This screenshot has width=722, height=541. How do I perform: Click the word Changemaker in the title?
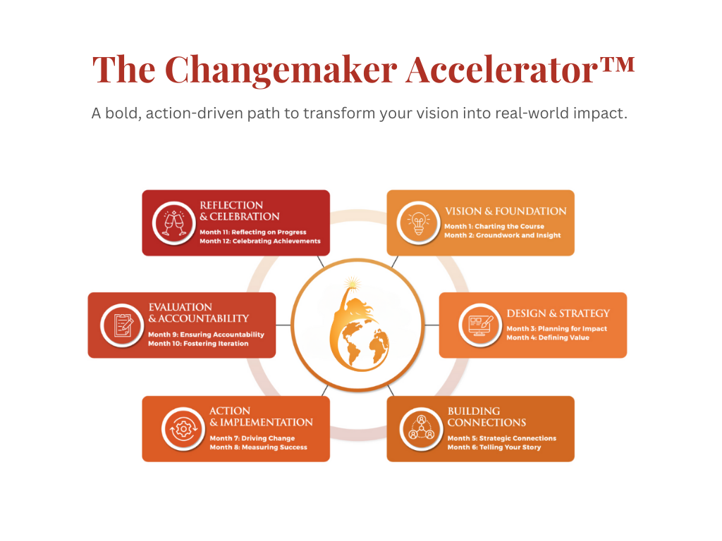point(281,70)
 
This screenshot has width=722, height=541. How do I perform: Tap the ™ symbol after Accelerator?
point(616,63)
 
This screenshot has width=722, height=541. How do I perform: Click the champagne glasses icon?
point(174,223)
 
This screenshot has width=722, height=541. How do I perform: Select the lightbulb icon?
point(419,223)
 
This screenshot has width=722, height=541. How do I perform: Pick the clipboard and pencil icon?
point(123,325)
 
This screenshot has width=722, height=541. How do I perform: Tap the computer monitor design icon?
point(480,325)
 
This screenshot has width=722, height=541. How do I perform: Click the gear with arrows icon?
point(183,429)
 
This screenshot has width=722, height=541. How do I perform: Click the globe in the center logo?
point(364,344)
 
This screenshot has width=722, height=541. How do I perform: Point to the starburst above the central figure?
point(353,283)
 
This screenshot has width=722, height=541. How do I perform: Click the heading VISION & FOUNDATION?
point(505,211)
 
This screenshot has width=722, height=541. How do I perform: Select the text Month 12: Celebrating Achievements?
point(259,241)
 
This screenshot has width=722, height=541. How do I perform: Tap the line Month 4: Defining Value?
point(547,337)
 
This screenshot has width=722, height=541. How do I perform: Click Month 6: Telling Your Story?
point(494,447)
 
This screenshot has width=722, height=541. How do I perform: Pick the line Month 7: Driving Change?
point(252,438)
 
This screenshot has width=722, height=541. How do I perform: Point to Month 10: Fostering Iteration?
point(198,344)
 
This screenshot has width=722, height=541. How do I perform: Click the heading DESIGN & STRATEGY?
point(558,313)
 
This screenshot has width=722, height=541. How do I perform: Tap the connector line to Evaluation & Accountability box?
point(283,325)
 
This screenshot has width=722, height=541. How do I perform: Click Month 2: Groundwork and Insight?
point(502,235)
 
